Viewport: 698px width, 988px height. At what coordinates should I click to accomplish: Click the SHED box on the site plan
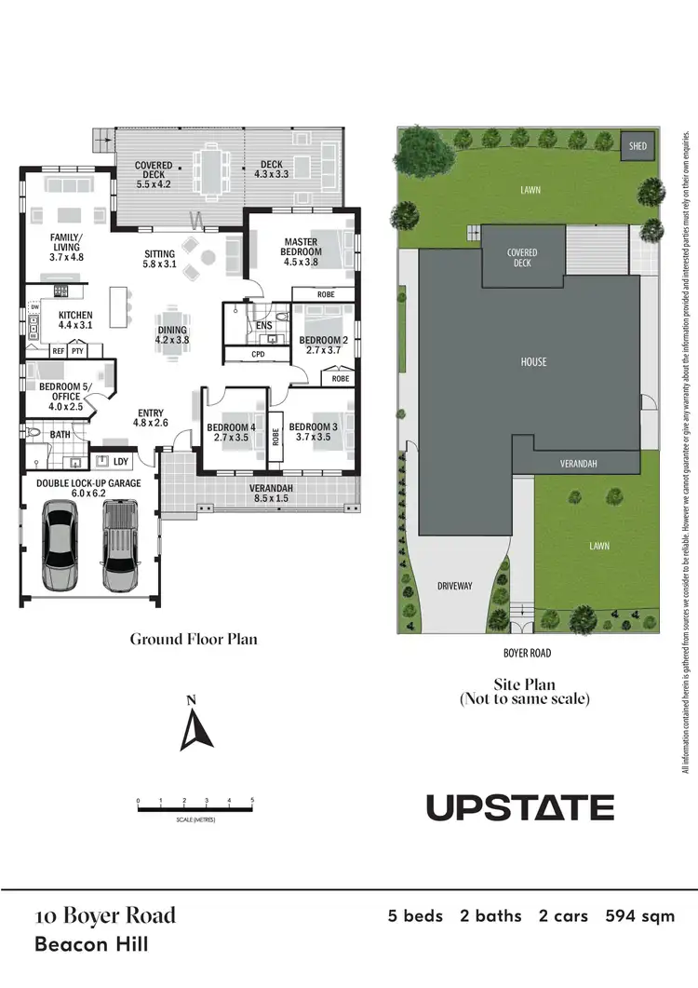point(638,146)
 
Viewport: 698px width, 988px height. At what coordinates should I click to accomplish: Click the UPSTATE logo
point(520,807)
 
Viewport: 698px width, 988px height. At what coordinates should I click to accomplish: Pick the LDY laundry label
point(120,461)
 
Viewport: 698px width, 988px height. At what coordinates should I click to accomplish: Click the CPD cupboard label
point(258,355)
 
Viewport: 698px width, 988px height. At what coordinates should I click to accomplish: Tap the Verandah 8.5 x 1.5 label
point(272,494)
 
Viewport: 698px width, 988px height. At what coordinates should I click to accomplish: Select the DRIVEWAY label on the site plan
point(456,586)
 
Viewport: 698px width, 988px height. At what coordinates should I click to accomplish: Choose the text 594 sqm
point(640,916)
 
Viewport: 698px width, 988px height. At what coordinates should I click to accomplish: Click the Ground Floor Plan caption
point(194,639)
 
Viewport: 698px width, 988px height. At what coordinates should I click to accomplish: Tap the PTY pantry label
point(78,351)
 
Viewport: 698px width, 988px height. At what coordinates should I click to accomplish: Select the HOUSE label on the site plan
point(533,361)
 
